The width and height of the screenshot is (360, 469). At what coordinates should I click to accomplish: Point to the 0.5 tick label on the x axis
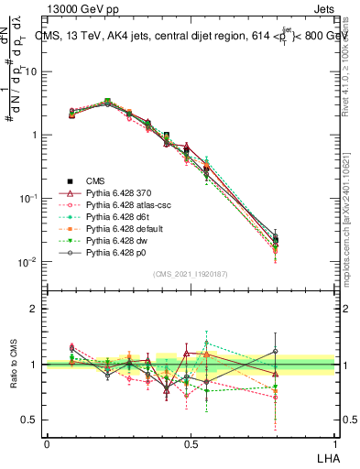click(191, 442)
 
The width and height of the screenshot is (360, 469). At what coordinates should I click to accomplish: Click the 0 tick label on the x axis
click(47, 442)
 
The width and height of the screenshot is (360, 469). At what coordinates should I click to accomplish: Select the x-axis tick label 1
click(335, 442)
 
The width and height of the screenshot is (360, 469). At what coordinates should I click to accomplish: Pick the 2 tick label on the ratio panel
click(36, 309)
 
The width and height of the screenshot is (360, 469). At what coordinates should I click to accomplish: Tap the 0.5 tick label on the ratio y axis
click(31, 420)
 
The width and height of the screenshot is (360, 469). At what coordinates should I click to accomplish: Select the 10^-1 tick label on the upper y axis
click(27, 199)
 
